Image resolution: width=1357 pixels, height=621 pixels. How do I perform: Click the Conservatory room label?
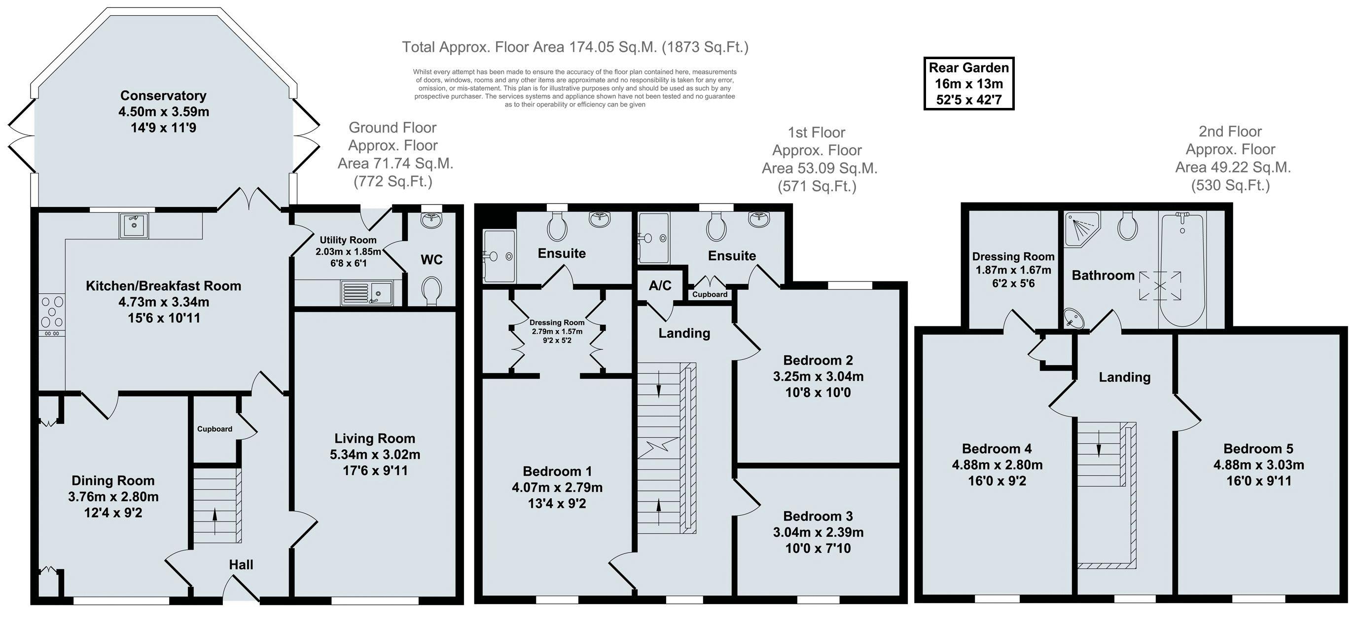(163, 95)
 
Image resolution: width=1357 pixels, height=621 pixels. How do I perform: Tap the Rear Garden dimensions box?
(969, 84)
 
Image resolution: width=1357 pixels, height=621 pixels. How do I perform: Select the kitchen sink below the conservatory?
(134, 225)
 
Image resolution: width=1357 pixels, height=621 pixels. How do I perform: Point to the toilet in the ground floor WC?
(432, 290)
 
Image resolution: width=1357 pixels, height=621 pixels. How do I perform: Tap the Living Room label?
(375, 438)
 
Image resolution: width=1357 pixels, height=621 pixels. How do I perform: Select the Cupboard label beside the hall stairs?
(214, 429)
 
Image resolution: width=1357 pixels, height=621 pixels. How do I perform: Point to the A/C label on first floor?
(660, 285)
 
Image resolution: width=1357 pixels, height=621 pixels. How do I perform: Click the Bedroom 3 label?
(818, 516)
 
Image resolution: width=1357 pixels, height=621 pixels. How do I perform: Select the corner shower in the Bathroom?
(1082, 229)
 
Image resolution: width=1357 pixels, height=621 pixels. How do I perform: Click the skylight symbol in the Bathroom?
(1160, 286)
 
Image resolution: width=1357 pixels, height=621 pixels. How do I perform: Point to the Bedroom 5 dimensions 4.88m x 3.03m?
(1258, 465)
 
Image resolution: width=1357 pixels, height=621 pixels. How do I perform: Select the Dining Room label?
(113, 481)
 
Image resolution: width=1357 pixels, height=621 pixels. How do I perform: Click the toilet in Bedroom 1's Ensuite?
(557, 227)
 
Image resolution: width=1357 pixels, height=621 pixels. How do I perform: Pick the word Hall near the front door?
(241, 565)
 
